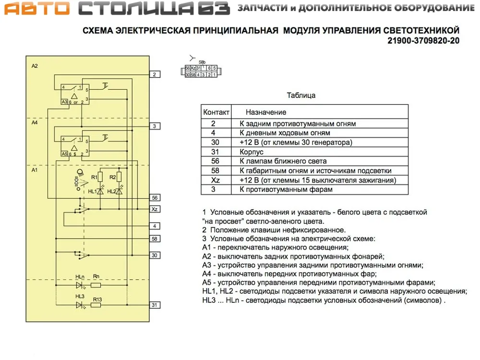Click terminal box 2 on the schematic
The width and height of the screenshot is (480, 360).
click(154, 74)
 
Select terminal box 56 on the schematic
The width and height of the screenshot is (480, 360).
click(154, 198)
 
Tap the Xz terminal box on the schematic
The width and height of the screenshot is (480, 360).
click(154, 210)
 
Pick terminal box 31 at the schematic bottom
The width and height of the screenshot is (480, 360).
click(154, 305)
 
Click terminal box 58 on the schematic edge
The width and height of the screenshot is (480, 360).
click(154, 239)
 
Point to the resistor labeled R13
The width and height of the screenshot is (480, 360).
click(96, 305)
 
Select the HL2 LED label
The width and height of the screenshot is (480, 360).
click(111, 192)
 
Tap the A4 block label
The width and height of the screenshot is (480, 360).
click(35, 123)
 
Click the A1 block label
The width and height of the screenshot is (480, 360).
click(35, 170)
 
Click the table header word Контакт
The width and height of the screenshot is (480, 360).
click(216, 112)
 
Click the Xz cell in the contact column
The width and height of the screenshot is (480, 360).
click(216, 180)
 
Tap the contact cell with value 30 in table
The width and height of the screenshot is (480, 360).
click(216, 143)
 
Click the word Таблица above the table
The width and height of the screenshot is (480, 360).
click(301, 96)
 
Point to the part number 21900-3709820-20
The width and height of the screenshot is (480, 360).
click(423, 41)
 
